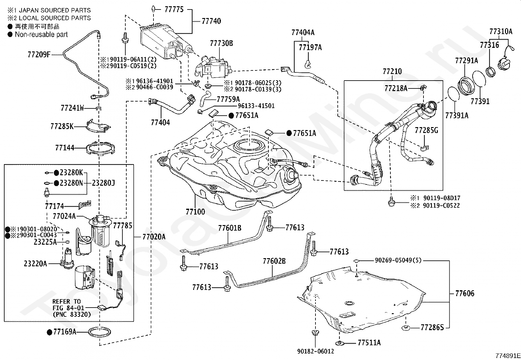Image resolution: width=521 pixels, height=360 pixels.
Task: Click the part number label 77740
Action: [x=211, y=21]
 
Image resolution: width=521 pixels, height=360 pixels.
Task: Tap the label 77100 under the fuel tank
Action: [x=195, y=212]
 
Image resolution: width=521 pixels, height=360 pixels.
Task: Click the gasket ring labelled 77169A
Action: [x=100, y=332]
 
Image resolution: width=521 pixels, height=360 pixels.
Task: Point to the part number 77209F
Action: [x=39, y=54]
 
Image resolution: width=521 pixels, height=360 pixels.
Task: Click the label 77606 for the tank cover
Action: [x=464, y=294]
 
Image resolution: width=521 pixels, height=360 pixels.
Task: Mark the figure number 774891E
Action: [x=508, y=356]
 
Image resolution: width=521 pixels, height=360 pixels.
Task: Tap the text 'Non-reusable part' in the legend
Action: [x=41, y=34]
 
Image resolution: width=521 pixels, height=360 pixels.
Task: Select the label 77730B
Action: [x=221, y=43]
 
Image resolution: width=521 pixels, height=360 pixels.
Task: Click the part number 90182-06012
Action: [x=315, y=351]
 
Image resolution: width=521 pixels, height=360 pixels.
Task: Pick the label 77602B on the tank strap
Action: [x=274, y=261]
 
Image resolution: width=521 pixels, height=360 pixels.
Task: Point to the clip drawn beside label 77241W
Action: [x=99, y=108]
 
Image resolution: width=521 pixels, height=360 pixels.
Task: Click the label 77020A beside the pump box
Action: [x=154, y=237]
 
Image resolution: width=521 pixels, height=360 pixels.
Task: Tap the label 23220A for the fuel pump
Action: [x=35, y=264]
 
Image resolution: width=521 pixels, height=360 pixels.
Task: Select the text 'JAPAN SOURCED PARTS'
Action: [x=55, y=10]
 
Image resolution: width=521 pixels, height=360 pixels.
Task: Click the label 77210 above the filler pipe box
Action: [x=392, y=71]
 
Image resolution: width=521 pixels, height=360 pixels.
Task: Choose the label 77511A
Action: [x=369, y=343]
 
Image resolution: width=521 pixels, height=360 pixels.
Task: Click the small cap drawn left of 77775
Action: [x=153, y=9]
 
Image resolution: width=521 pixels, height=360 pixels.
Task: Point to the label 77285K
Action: [x=62, y=126]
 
